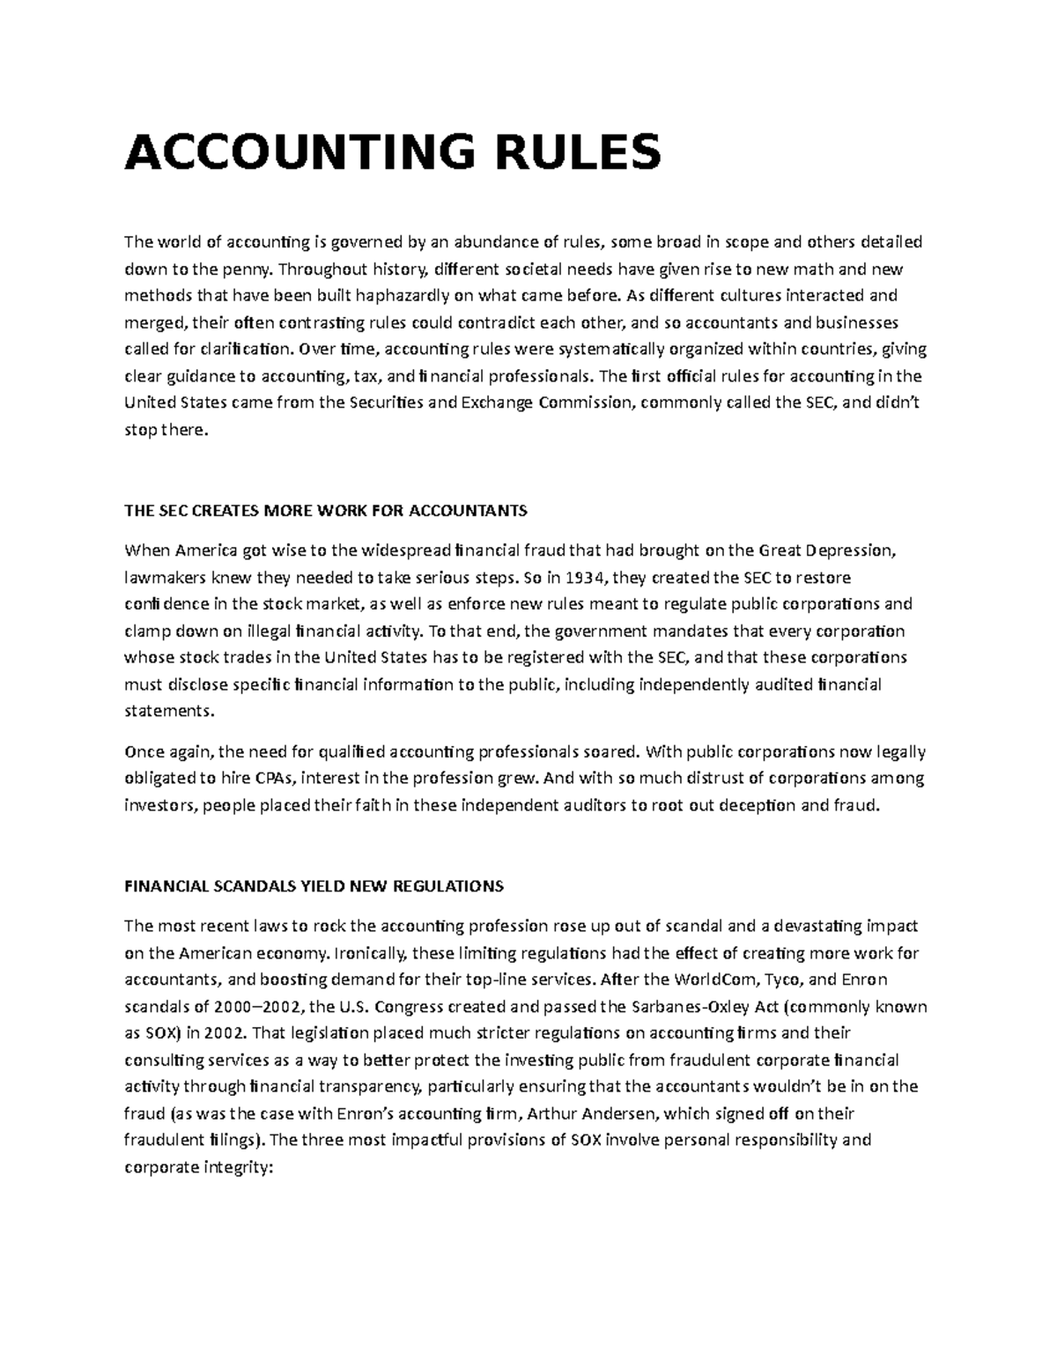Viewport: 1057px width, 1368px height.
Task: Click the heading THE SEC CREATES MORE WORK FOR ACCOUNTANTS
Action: click(325, 511)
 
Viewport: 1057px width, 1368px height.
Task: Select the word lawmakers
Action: click(162, 578)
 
